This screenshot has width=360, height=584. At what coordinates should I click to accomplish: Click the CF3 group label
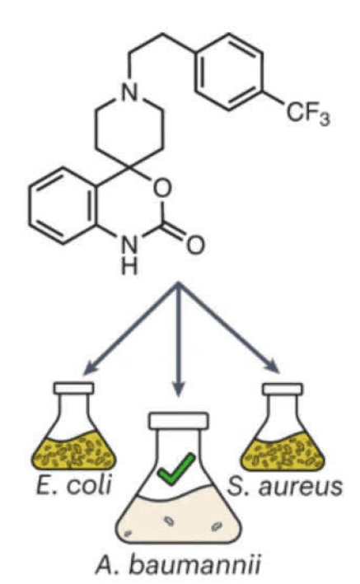click(x=308, y=114)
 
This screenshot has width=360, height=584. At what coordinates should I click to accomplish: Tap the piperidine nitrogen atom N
click(x=129, y=91)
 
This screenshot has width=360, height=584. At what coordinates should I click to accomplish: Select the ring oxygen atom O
click(x=162, y=188)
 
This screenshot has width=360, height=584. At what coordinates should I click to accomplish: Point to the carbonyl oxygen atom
click(x=195, y=245)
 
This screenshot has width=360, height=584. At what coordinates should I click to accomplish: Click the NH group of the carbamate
click(x=129, y=255)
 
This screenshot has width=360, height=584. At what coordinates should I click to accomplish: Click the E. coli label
click(x=74, y=485)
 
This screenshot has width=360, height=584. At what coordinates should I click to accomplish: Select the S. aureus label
click(x=285, y=486)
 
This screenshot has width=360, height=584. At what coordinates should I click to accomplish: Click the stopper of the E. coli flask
click(x=74, y=388)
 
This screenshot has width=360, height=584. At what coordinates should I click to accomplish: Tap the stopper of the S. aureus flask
click(x=283, y=390)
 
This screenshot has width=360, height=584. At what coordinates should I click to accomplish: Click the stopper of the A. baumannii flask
click(x=179, y=420)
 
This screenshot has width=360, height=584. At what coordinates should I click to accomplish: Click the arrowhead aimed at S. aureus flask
click(x=273, y=367)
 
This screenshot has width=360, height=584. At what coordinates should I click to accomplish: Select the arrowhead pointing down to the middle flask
click(x=179, y=390)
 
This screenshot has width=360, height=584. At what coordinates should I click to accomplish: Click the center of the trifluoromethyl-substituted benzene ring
click(x=229, y=72)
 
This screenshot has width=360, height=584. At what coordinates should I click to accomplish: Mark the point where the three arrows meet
click(x=179, y=284)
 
